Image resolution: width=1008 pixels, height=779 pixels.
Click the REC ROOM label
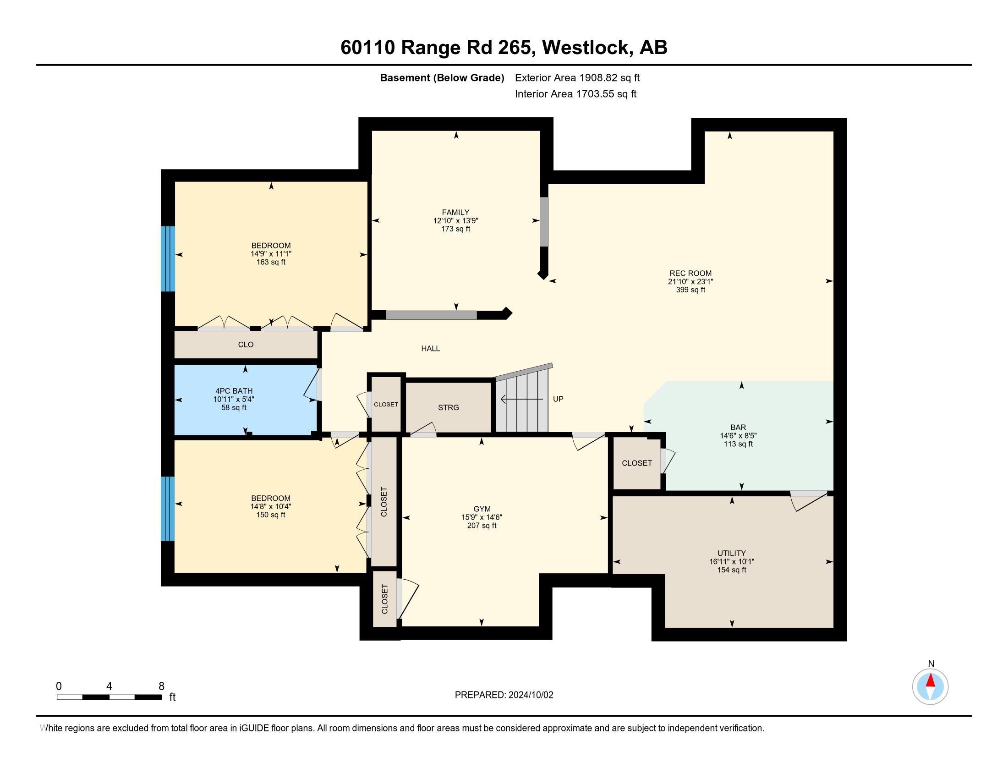[x=690, y=273]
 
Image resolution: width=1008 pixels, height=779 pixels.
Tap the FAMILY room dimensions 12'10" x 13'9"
[x=455, y=220]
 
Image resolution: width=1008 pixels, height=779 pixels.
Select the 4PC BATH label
[x=234, y=391]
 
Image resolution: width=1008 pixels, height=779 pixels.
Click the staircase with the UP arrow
[x=522, y=401]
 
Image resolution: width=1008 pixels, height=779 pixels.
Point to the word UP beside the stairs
[x=558, y=399]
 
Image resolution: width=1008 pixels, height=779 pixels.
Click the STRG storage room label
[x=448, y=407]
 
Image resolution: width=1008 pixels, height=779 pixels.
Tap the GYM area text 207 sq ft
[x=482, y=525]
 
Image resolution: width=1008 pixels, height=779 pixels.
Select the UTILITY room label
[x=732, y=553]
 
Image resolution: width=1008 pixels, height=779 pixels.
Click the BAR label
[x=738, y=428]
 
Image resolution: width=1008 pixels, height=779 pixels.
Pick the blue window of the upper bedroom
[x=168, y=258]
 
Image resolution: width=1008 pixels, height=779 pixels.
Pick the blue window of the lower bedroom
[x=168, y=508]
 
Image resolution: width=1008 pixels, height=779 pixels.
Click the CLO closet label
[x=246, y=345]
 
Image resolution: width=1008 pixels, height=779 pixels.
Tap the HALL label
[x=430, y=348]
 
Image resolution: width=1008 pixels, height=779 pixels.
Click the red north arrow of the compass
[x=931, y=680]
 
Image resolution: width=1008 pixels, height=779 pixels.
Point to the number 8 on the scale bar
[x=161, y=686]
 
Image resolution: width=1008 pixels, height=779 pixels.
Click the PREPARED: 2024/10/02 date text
[x=504, y=695]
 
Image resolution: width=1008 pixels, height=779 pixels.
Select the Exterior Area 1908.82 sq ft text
[x=577, y=77]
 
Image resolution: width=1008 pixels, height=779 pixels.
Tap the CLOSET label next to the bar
[x=636, y=463]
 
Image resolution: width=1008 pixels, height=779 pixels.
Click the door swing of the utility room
[x=809, y=501]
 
